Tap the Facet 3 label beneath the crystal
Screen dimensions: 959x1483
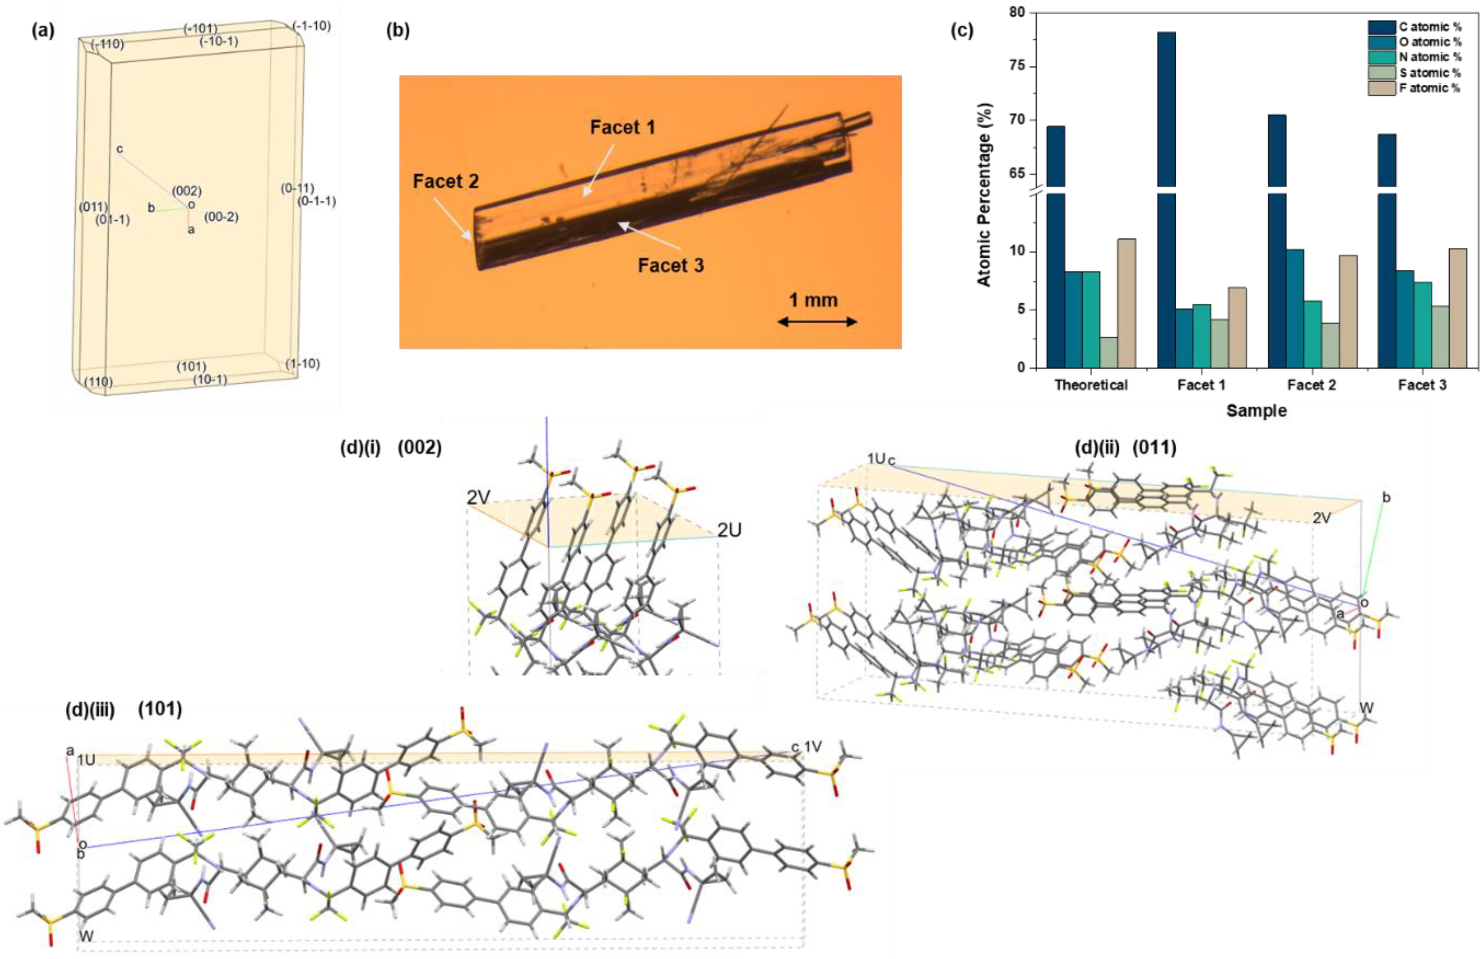click(671, 265)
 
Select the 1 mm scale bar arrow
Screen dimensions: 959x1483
click(817, 321)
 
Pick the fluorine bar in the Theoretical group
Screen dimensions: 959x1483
click(1126, 302)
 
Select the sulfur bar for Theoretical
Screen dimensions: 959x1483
click(1109, 352)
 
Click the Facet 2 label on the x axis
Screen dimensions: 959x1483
click(1311, 385)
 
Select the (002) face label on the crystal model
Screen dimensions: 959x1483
click(187, 191)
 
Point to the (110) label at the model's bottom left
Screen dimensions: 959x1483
click(98, 381)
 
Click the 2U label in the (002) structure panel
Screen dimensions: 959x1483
click(729, 531)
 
